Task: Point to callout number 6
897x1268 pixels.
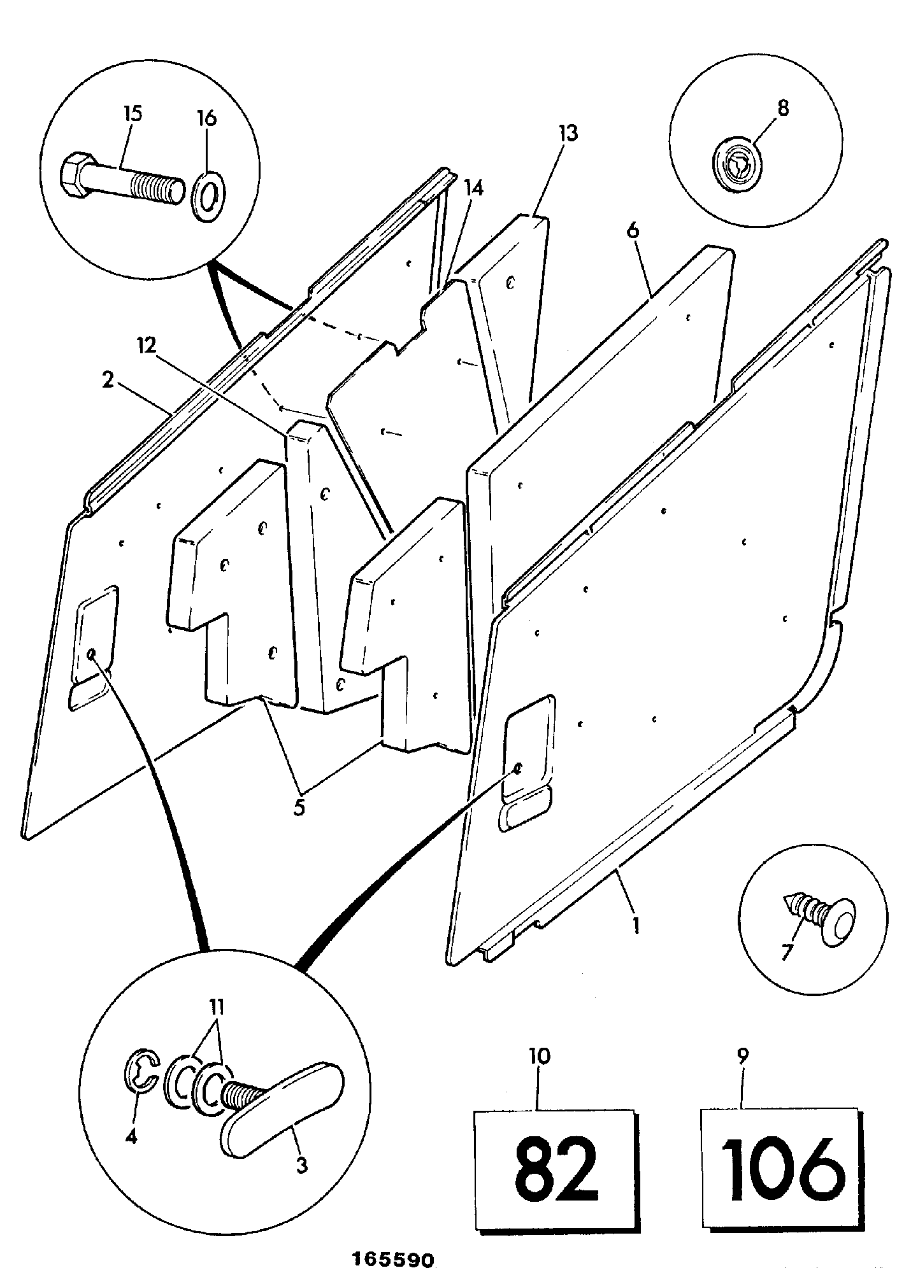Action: pos(632,230)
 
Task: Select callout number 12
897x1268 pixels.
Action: pos(147,345)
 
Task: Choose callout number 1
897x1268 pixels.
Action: pos(635,924)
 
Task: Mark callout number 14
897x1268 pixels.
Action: pos(473,188)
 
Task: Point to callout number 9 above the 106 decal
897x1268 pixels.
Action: pos(742,1055)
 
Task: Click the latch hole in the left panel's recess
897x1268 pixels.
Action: pos(92,654)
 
